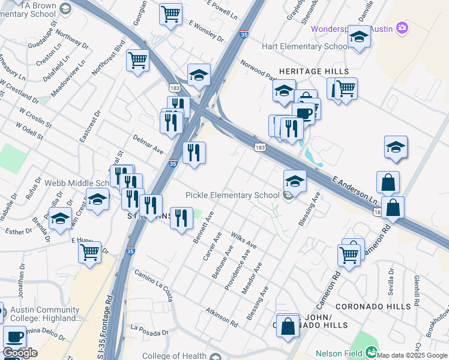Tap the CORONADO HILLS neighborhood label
373,307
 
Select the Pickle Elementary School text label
232,195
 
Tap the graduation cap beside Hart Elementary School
359,38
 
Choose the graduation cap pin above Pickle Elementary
295,180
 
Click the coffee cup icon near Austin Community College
14,336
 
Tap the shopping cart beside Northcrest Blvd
138,60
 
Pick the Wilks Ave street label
244,242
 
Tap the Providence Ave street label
237,271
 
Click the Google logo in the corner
20,353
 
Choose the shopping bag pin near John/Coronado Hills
288,327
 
